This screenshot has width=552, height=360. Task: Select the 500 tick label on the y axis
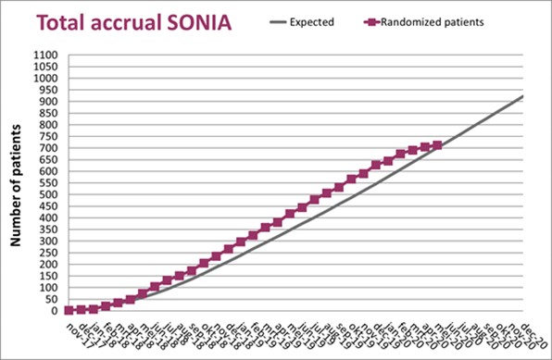pyautogui.click(x=47, y=194)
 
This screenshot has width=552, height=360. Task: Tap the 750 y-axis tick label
pyautogui.click(x=47, y=136)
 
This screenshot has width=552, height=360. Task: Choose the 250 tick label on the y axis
pyautogui.click(x=47, y=253)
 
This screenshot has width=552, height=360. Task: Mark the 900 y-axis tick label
pyautogui.click(x=47, y=102)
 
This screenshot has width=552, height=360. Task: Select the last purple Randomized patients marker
pyautogui.click(x=437, y=144)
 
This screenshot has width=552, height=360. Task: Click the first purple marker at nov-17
pyautogui.click(x=69, y=310)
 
